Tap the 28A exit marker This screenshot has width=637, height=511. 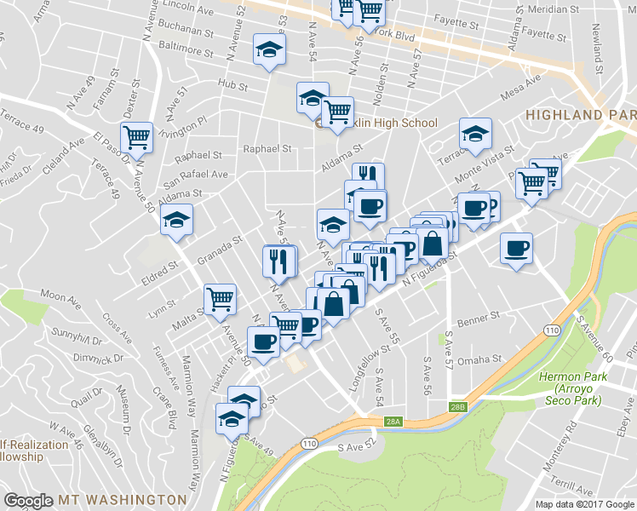click(393, 422)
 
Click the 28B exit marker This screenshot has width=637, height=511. click(458, 407)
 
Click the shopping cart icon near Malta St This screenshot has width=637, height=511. click(221, 299)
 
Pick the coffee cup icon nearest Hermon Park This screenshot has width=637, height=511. click(516, 249)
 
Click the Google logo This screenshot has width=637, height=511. click(28, 500)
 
